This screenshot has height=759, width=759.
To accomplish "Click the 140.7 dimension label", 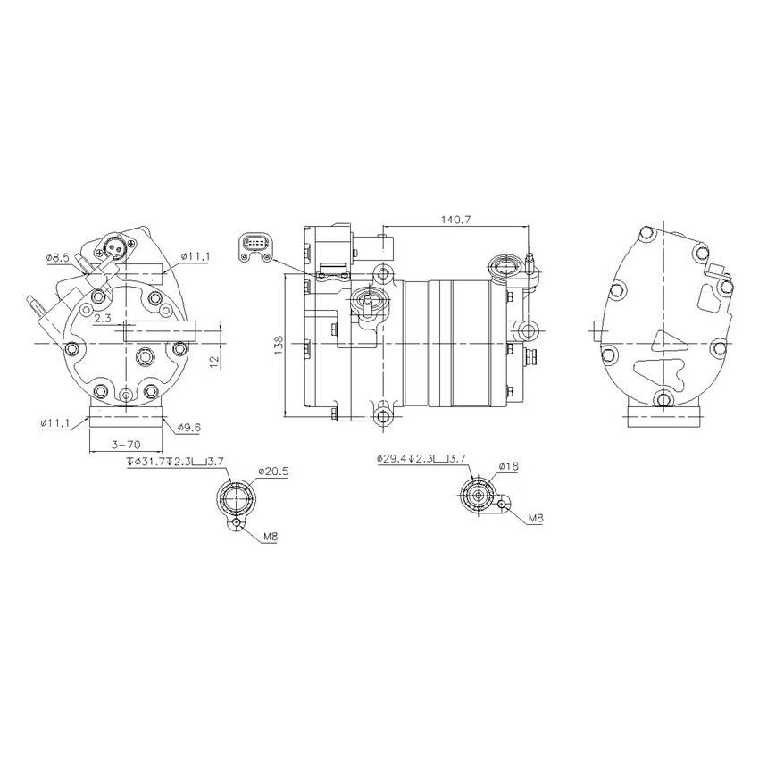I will click(x=456, y=219).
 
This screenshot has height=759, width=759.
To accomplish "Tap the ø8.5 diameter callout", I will click(x=58, y=258).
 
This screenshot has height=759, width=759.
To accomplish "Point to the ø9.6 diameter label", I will click(x=189, y=428).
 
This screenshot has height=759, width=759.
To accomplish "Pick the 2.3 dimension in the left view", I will click(x=102, y=317).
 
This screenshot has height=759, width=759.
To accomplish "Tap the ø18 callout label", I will click(x=509, y=466).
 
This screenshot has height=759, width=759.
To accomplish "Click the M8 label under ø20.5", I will click(x=271, y=538).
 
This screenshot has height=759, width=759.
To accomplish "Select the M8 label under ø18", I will click(x=535, y=518).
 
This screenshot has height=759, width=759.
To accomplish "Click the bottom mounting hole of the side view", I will click(x=384, y=417).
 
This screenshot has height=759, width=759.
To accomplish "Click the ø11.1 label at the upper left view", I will click(x=195, y=257).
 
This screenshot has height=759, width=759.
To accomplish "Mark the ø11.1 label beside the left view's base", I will click(x=57, y=422).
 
